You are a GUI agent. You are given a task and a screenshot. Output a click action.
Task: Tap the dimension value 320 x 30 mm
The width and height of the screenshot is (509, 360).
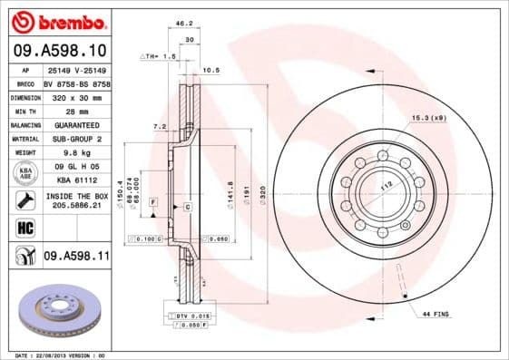click(77, 95)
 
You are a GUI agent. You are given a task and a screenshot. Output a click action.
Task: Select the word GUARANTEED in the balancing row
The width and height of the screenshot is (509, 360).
click(77, 124)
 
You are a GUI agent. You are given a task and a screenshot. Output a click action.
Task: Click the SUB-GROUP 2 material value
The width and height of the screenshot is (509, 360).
click(77, 139)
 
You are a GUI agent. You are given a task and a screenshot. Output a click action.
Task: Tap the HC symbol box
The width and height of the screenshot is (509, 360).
click(20, 228)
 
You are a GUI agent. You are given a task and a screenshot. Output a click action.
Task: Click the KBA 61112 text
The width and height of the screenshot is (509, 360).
click(77, 180)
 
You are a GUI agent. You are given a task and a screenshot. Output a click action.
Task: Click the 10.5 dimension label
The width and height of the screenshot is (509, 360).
click(210, 69)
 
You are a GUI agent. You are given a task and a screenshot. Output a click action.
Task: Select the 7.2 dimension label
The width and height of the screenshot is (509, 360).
click(159, 127)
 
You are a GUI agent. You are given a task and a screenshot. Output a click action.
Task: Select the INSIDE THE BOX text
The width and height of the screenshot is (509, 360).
click(77, 196)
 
